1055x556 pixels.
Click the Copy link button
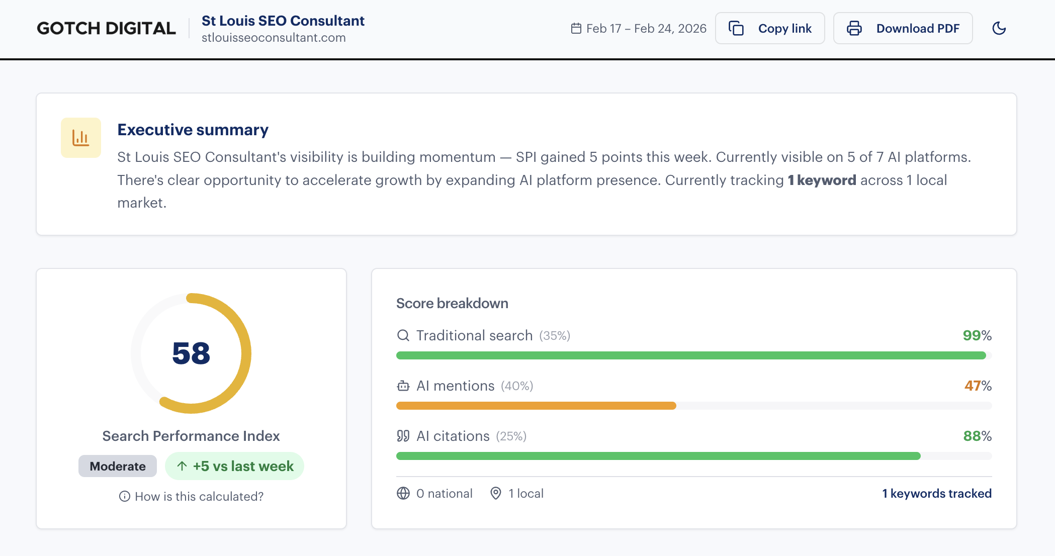coord(769,29)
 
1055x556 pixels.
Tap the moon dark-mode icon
coord(999,29)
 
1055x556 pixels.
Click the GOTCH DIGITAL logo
coord(106,29)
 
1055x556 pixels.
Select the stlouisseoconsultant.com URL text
coord(274,38)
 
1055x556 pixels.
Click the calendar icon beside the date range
coord(576,29)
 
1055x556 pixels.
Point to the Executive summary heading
coord(193,130)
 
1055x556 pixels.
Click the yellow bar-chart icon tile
coord(81,138)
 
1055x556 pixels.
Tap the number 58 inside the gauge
coord(191,353)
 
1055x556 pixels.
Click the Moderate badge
coord(117,466)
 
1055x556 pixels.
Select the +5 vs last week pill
coord(234,466)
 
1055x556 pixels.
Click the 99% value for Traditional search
coord(977,335)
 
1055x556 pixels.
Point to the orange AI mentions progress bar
coord(536,406)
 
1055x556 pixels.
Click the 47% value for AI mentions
coord(978,386)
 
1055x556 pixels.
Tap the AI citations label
coord(453,436)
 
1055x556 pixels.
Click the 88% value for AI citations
coord(977,436)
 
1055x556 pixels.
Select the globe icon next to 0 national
coord(403,493)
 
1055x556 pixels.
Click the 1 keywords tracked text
coord(936,493)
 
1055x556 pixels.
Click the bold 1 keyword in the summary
coord(822,180)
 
